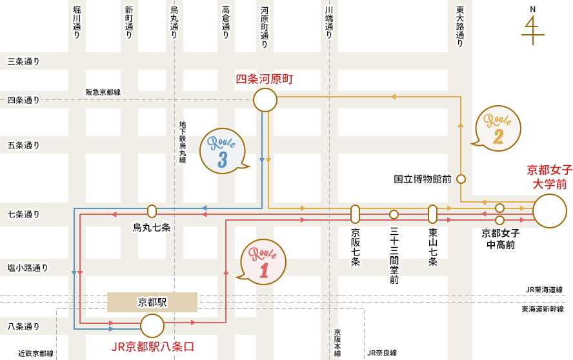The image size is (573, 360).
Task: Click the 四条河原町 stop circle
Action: [x=265, y=100]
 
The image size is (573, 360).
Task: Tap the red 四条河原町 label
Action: [x=264, y=79]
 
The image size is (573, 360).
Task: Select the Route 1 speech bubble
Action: [x=263, y=262]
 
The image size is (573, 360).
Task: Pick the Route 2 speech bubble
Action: [x=498, y=128]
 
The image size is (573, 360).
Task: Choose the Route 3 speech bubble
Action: [x=223, y=151]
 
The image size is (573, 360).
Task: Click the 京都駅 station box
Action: [x=152, y=302]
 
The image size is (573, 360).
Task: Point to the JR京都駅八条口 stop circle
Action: [x=152, y=326]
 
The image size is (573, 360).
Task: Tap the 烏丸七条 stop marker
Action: [x=152, y=211]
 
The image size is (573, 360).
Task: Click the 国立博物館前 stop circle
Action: [x=461, y=179]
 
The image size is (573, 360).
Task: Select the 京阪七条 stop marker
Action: [x=355, y=214]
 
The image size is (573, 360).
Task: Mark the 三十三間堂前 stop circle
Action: [x=394, y=214]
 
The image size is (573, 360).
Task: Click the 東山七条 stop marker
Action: [x=432, y=214]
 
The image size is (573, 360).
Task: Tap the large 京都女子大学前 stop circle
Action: [x=550, y=211]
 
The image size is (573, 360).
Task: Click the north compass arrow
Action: [x=531, y=28]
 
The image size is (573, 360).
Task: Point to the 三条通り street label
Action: [x=23, y=61]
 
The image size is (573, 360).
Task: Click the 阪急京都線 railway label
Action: [x=103, y=92]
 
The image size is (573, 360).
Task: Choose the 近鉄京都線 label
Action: [x=35, y=354]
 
